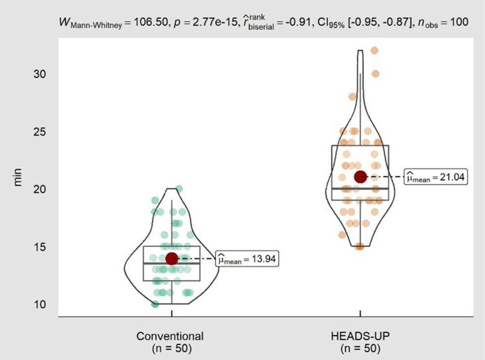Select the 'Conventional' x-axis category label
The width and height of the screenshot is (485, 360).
coord(170,336)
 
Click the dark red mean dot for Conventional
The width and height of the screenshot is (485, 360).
coord(172,259)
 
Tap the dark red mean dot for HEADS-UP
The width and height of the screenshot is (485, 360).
coord(361,176)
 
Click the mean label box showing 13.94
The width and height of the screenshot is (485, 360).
coord(247,259)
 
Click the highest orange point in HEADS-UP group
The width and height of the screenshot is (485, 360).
coord(374,50)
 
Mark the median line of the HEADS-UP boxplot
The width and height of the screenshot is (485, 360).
coord(360,188)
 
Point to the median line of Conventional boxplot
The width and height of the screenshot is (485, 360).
coord(171,263)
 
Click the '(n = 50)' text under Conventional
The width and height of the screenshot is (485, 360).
coord(170,348)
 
